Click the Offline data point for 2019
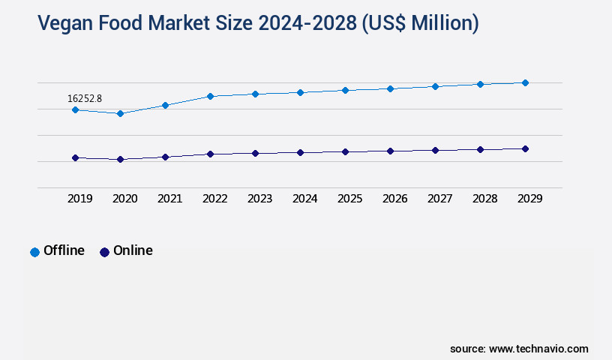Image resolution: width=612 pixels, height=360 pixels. point(75,109)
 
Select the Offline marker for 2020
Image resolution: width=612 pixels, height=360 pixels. point(120,113)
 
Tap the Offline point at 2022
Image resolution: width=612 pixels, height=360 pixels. point(210,96)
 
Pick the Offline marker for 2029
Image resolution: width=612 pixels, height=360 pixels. point(525,82)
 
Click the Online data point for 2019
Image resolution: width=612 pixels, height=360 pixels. point(75,157)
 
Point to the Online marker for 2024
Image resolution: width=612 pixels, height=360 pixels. point(300,152)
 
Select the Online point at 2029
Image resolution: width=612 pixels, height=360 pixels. point(525,148)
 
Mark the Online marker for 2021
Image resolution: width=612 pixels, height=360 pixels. point(165,157)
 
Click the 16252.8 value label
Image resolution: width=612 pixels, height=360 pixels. point(84,98)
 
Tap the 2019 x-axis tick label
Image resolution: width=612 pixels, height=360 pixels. point(80,199)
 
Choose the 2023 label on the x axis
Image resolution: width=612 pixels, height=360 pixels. point(259,199)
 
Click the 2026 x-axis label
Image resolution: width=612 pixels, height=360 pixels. point(394,199)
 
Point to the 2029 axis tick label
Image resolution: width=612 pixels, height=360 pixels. point(529,199)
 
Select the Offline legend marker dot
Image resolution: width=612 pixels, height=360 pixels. point(34,252)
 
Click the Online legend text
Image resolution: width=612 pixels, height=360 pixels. point(133,251)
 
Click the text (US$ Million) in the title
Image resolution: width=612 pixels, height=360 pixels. point(420,24)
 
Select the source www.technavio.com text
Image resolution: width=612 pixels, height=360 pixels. point(519,349)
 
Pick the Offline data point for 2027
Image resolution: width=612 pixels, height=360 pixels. point(435,86)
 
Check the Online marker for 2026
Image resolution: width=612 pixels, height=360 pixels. point(390,151)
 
